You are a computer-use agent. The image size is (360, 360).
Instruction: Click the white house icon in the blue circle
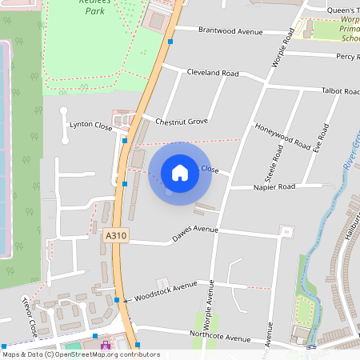[x=180, y=173]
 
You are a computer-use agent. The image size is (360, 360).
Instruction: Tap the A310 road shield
[x=114, y=237]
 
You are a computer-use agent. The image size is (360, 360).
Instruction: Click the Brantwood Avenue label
[x=230, y=31]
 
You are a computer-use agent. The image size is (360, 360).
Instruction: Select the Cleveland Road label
[x=213, y=73]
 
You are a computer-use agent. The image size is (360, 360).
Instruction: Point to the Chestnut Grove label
[x=182, y=122]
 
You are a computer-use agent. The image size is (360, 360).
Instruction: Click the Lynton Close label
[x=90, y=125]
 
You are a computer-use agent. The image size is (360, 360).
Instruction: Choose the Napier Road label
[x=274, y=186]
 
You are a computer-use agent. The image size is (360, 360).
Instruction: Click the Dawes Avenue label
[x=195, y=234]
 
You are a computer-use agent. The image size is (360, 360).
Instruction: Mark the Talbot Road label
[x=340, y=92]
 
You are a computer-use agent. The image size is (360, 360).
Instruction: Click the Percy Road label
[x=347, y=57]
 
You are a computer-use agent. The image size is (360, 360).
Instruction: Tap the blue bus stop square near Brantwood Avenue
[x=170, y=40]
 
